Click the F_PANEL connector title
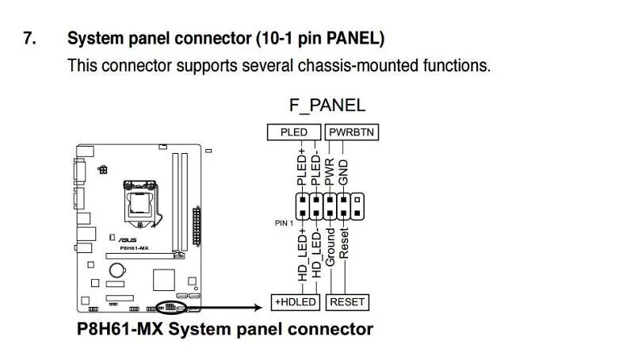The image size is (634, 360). pos(327,105)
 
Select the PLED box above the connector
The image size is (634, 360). pos(294,132)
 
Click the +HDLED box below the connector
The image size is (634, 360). pos(296,302)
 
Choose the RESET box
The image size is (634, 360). pos(347,302)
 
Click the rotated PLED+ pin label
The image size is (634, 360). pos(302,167)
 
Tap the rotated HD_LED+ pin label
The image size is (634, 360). pos(302,255)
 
